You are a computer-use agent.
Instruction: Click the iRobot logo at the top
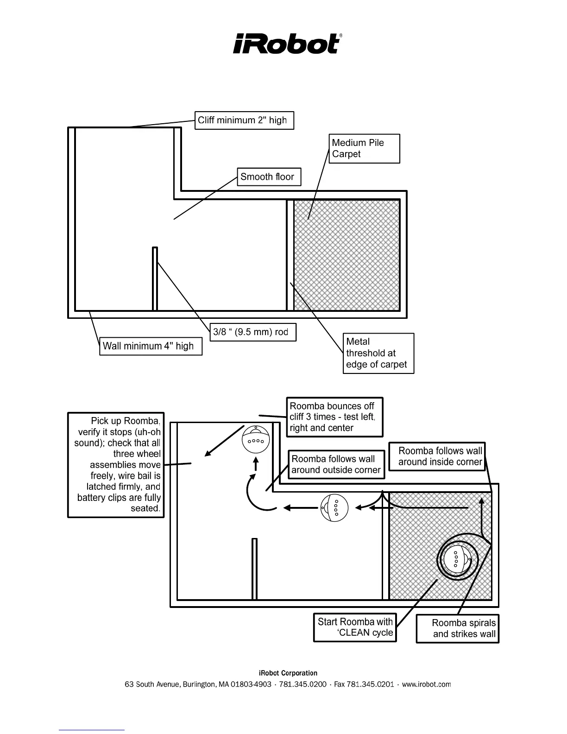coord(287,44)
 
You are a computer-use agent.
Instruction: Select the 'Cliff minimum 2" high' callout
coord(244,120)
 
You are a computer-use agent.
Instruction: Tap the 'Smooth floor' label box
coord(269,177)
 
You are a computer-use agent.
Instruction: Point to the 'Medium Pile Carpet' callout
coord(365,149)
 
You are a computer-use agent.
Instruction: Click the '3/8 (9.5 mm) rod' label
coord(253,332)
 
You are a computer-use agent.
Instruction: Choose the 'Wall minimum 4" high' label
coord(151,346)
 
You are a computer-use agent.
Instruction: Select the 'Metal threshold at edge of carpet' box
coord(378,353)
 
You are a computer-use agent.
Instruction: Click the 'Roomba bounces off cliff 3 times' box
coord(334,417)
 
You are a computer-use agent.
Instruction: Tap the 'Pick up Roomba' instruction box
coord(116,465)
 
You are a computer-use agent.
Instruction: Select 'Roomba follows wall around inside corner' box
coord(437,456)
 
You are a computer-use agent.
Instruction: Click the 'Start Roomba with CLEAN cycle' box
coord(355,627)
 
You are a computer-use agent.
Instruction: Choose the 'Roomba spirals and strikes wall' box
coord(458,629)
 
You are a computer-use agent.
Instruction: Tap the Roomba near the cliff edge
coord(256,438)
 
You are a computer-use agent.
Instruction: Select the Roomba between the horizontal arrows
coord(334,508)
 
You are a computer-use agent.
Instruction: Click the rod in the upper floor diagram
coord(155,278)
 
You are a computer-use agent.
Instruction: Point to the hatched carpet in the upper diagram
coord(346,255)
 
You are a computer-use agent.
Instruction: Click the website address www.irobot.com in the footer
coord(426,684)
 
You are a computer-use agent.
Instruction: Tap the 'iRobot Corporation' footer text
coord(288,673)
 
